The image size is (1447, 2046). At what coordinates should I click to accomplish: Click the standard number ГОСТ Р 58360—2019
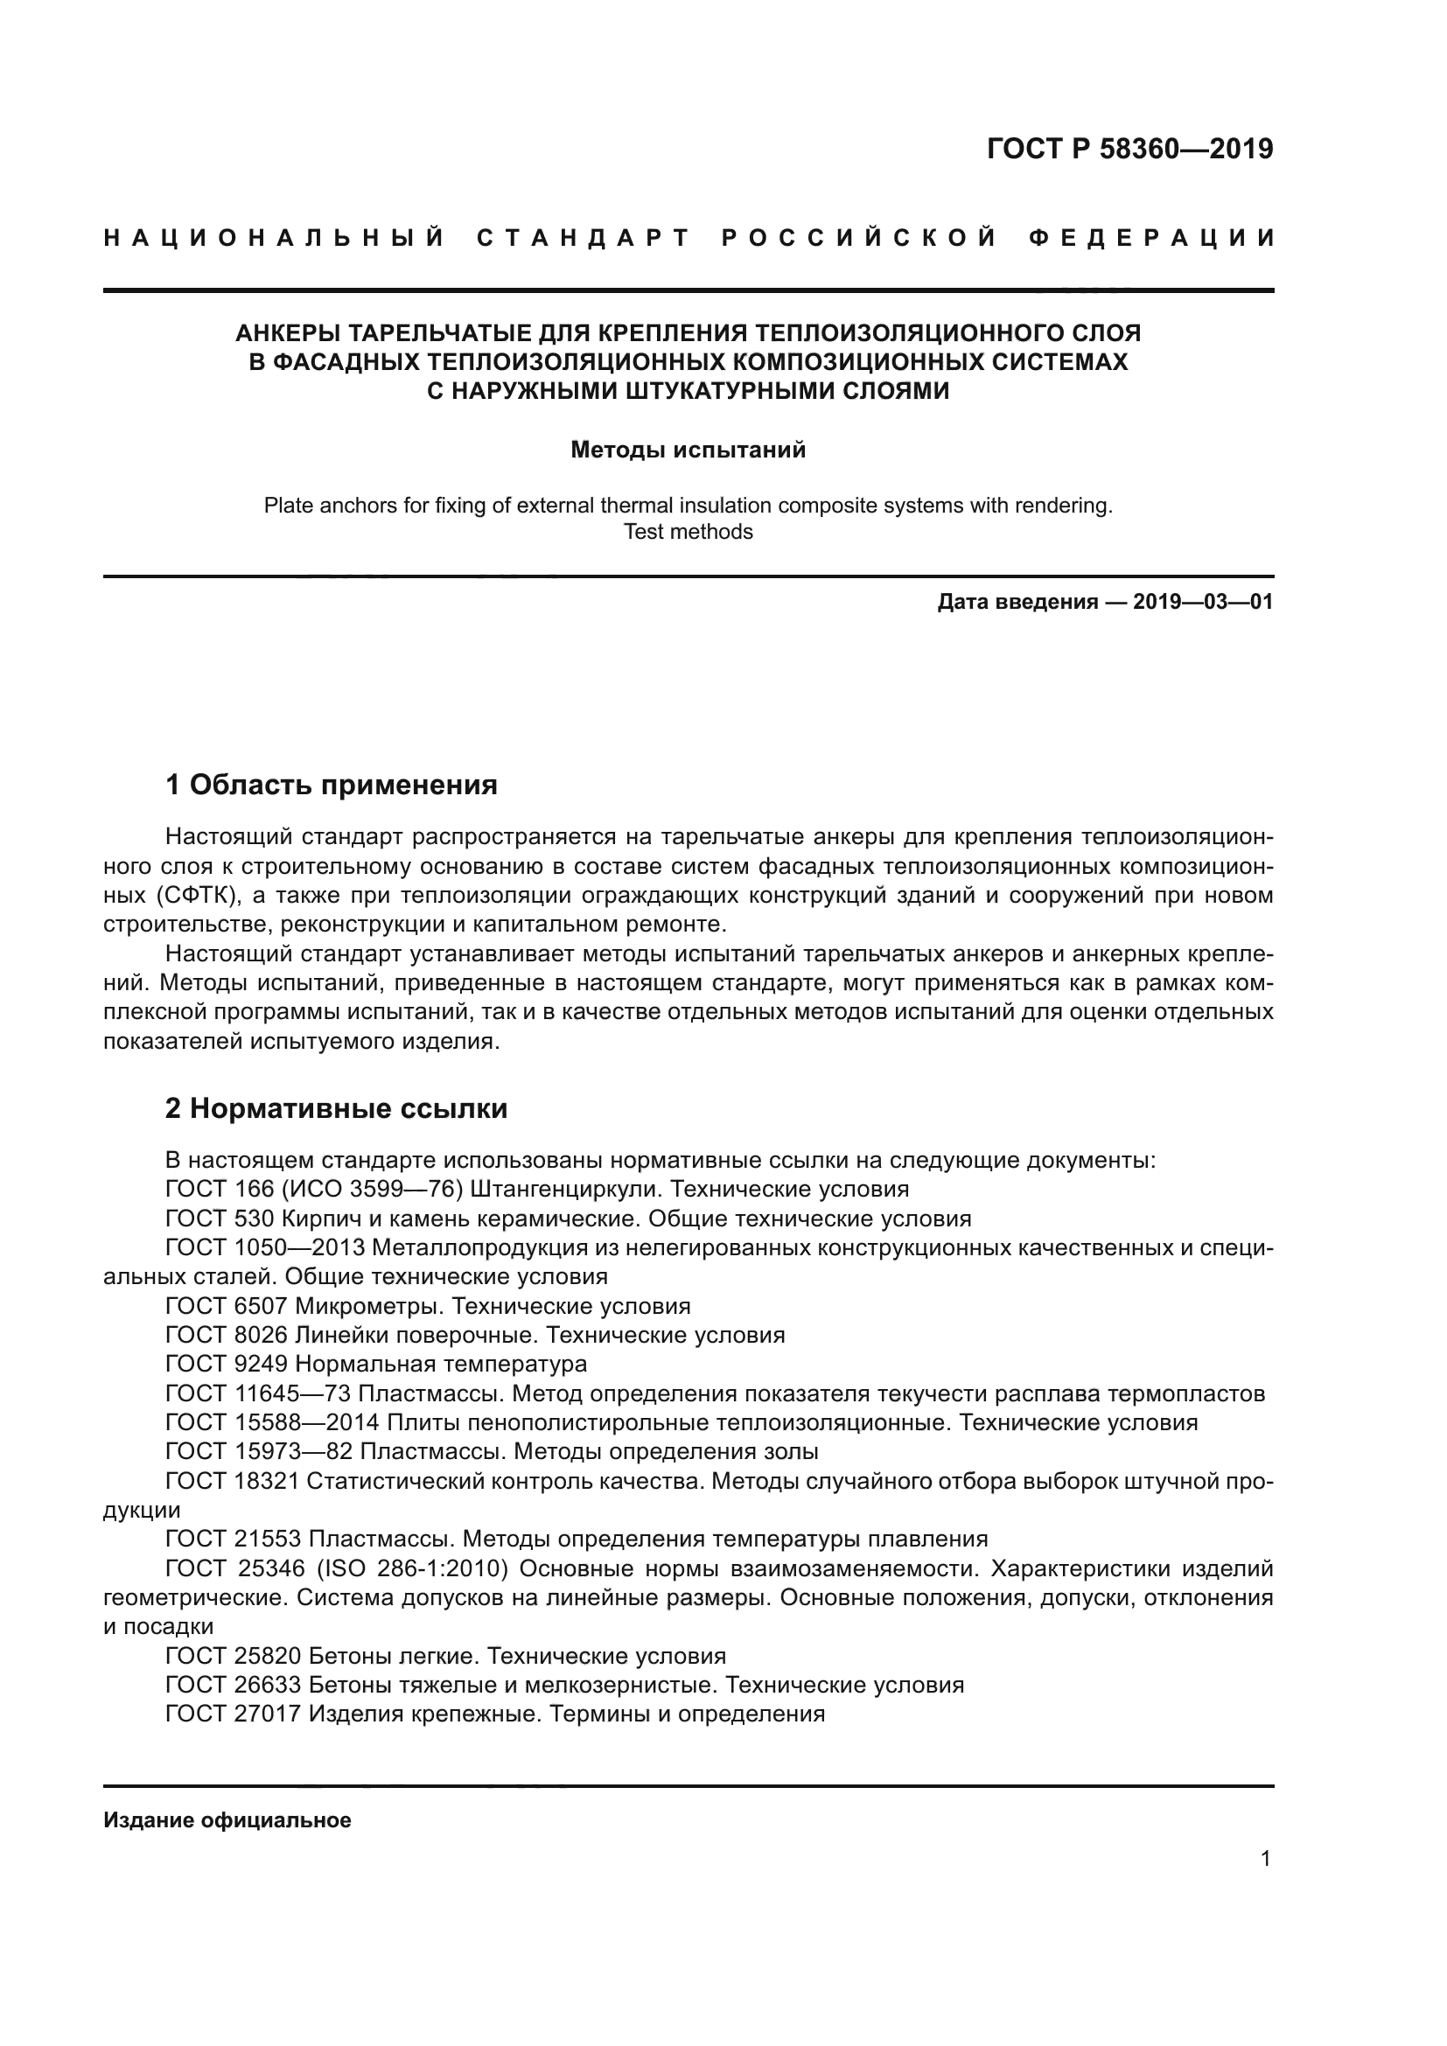[1129, 149]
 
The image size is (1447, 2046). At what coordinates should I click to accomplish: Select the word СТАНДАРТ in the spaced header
[584, 238]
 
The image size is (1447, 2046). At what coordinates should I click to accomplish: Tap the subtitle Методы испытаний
[688, 450]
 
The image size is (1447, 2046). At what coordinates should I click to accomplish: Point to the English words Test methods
[688, 532]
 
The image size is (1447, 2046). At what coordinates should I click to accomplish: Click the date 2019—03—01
[1203, 603]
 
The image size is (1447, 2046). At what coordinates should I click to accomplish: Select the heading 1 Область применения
[331, 785]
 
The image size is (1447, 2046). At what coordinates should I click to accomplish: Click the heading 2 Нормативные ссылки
[336, 1108]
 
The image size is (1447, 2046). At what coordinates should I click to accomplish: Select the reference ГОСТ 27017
[233, 1714]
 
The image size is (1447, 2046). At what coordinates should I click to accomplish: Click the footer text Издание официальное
[227, 1820]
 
